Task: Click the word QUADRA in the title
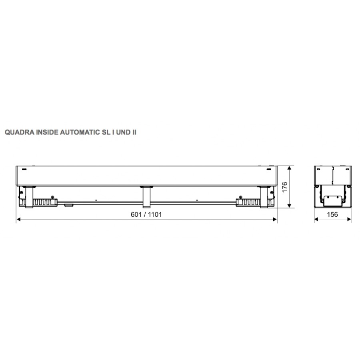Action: [x=20, y=132]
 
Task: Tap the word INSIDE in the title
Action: [x=47, y=132]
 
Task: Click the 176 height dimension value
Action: [x=284, y=187]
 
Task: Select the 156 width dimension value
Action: [x=332, y=214]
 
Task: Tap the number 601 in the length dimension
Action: [x=136, y=214]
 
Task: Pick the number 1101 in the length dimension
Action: [x=155, y=214]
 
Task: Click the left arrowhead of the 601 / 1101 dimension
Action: [x=18, y=220]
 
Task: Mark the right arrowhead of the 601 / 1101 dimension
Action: [x=275, y=220]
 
